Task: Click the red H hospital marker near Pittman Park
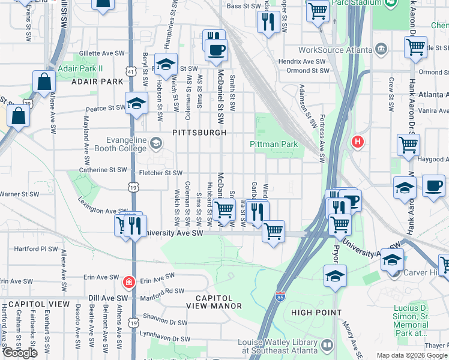coord(358,142)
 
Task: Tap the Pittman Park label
coord(274,145)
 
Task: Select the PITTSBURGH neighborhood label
coord(199,132)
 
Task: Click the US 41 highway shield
coord(131,71)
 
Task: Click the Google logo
coord(20,353)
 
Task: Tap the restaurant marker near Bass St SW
coord(267,23)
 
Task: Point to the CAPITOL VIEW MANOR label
coord(215,302)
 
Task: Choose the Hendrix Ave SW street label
coord(304,61)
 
